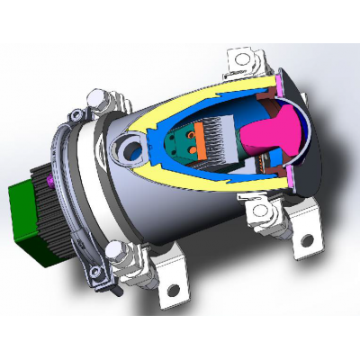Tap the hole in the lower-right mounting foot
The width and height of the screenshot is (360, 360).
pyautogui.click(x=306, y=240)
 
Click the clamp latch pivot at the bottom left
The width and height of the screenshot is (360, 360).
pyautogui.click(x=114, y=271)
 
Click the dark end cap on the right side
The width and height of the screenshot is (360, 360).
pyautogui.click(x=310, y=148)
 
